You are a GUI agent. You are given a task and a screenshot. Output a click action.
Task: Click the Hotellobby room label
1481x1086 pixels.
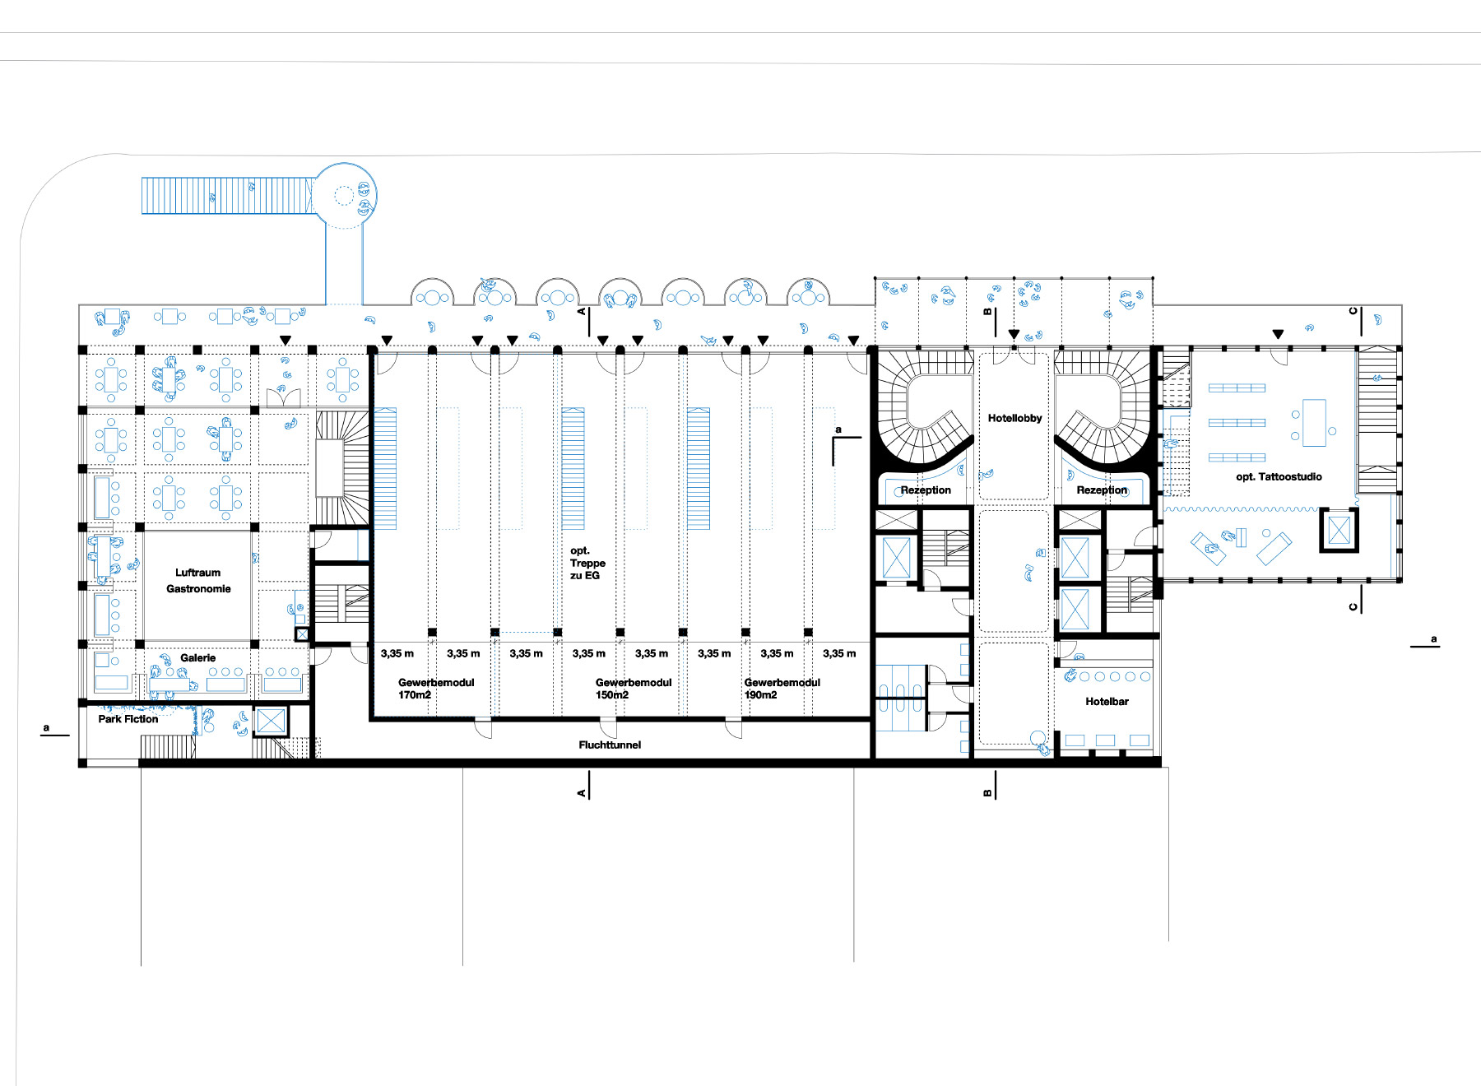coord(1014,418)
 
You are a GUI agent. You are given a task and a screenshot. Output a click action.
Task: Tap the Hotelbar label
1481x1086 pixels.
coord(1107,702)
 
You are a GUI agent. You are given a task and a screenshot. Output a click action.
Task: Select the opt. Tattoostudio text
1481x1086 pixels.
coord(1279,476)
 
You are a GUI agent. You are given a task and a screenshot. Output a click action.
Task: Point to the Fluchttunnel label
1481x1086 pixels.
coord(610,745)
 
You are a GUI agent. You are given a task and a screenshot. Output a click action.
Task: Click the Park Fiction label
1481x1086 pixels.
coord(128,719)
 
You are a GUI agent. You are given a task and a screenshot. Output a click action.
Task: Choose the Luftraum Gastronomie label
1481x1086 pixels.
coord(198,581)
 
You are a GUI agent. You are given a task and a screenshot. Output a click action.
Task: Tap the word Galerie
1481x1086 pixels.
coord(198,657)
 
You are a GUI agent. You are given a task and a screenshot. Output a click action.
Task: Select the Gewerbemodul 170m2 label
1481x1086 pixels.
coord(436,689)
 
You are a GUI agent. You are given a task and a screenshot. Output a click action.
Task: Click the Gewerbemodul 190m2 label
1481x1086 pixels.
coord(782,689)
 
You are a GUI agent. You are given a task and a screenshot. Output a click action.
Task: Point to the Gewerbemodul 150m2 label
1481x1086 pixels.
coord(633,689)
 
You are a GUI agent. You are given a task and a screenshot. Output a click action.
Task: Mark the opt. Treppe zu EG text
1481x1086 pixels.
coord(587,563)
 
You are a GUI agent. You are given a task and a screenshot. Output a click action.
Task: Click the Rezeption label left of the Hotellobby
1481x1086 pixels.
coord(926,490)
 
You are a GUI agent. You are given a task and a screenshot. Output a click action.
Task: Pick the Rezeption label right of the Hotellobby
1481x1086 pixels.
coord(1102,490)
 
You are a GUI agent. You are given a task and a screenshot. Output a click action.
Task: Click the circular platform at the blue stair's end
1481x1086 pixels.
coord(344,196)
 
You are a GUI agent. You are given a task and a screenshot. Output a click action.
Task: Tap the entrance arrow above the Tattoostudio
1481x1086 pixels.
coord(1278,334)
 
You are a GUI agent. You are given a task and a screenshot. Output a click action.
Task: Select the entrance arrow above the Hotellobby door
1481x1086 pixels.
coord(1014,334)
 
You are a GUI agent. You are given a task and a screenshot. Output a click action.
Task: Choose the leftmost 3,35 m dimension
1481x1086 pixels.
coord(397,653)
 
